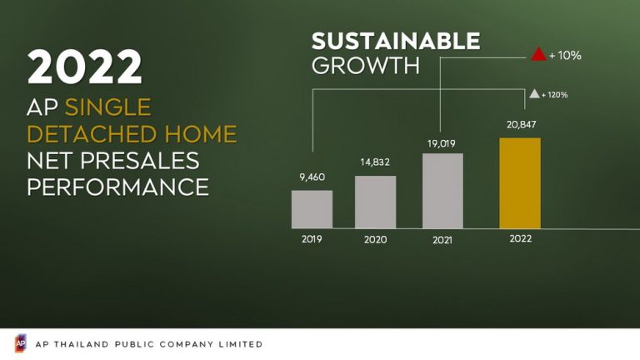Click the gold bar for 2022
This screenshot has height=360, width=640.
pyautogui.click(x=520, y=183)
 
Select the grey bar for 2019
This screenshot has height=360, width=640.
pyautogui.click(x=312, y=209)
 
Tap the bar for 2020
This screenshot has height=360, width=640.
pyautogui.click(x=376, y=202)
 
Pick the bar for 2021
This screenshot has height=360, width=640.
pyautogui.click(x=442, y=191)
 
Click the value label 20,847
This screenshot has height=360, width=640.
pyautogui.click(x=521, y=124)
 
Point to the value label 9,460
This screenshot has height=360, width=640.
pyautogui.click(x=312, y=177)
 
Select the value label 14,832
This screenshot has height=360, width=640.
pyautogui.click(x=375, y=162)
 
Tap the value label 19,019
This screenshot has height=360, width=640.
pyautogui.click(x=441, y=143)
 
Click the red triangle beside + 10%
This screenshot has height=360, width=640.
pyautogui.click(x=538, y=54)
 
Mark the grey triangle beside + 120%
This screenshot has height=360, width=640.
pyautogui.click(x=534, y=94)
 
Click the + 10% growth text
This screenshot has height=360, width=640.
pyautogui.click(x=565, y=56)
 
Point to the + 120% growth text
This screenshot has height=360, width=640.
pyautogui.click(x=555, y=95)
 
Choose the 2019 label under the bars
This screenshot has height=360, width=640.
pyautogui.click(x=312, y=239)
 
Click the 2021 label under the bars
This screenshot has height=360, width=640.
pyautogui.click(x=442, y=240)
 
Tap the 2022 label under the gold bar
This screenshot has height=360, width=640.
pyautogui.click(x=520, y=238)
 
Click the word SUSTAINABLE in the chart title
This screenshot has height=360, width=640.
pyautogui.click(x=396, y=41)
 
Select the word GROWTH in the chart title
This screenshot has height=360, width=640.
pyautogui.click(x=366, y=66)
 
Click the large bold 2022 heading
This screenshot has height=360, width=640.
pyautogui.click(x=84, y=67)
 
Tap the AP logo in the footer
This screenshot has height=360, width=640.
pyautogui.click(x=20, y=343)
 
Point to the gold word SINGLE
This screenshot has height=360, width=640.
pyautogui.click(x=108, y=107)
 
